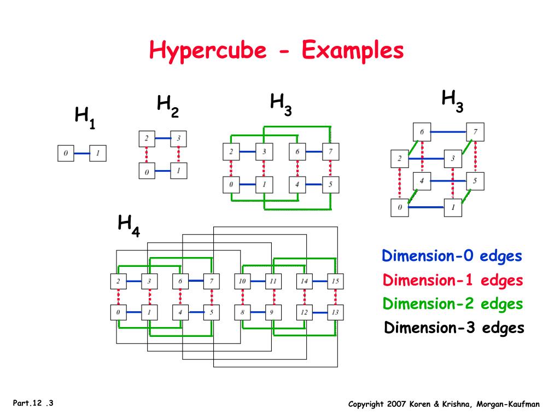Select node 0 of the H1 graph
pos(66,153)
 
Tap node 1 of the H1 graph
pos(98,153)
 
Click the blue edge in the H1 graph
pos(81,153)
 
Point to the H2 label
pos(167,105)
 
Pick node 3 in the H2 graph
pos(178,138)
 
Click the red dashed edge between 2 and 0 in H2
pos(147,155)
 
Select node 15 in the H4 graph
pos(335,281)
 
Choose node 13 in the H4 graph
pos(335,313)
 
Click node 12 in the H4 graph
pos(304,313)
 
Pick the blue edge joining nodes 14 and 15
pos(320,281)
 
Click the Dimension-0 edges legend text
pos(452,256)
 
